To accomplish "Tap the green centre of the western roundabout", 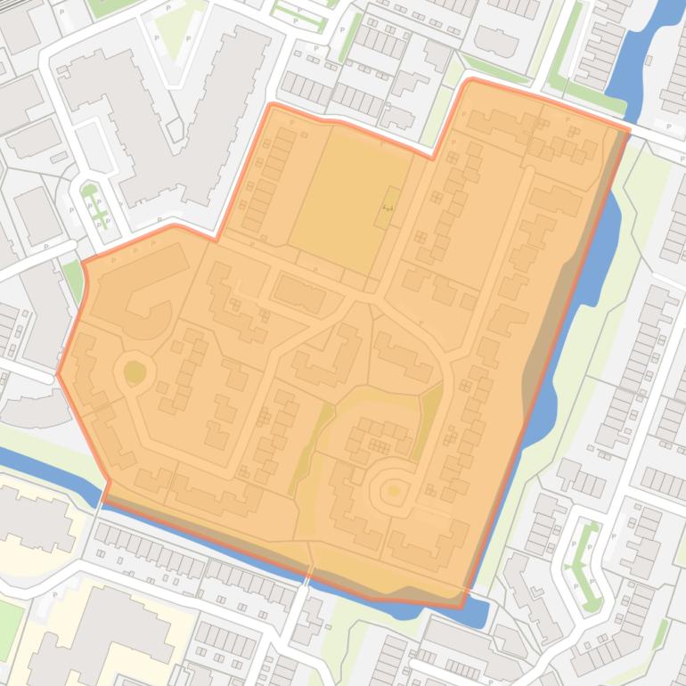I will [x=134, y=372].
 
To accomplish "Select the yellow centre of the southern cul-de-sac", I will [x=393, y=490].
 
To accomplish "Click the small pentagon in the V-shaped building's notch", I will [x=174, y=130].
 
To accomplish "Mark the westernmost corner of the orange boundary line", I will [x=58, y=374].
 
